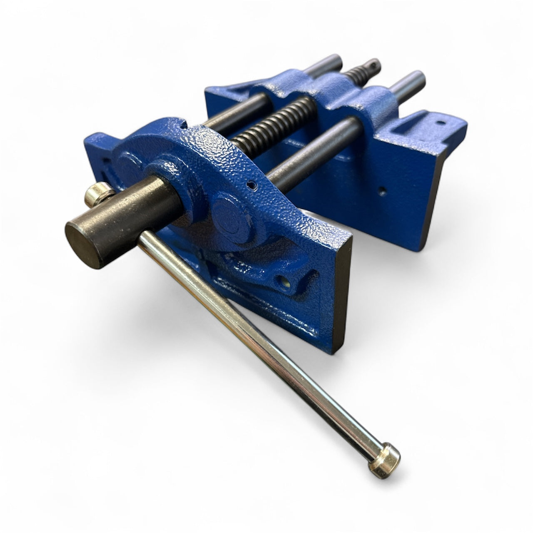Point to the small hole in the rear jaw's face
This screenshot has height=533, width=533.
point(382,191)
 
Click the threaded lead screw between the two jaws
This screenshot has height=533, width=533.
point(266,129)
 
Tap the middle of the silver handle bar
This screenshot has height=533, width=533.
point(258,346)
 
